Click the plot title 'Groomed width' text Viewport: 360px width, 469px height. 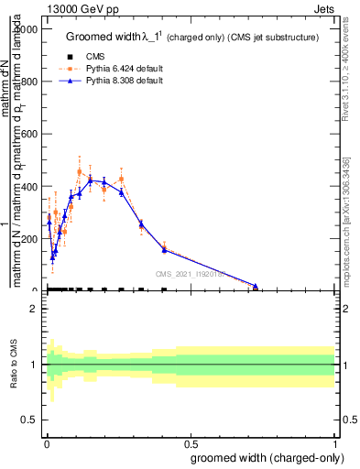coord(103,37)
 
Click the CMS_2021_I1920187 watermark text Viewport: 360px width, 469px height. coord(190,274)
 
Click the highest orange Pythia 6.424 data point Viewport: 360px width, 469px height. coord(105,171)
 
